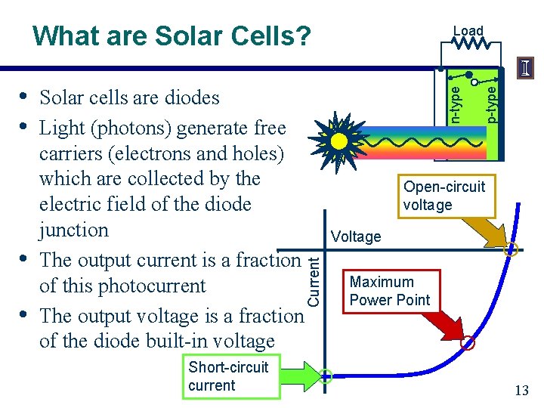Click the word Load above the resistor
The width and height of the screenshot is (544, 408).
click(468, 31)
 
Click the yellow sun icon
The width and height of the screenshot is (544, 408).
click(339, 141)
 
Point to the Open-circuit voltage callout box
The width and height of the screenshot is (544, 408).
click(444, 196)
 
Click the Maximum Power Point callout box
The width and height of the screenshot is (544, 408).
click(389, 291)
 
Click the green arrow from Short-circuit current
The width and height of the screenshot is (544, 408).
click(302, 376)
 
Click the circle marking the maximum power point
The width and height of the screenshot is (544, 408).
click(468, 343)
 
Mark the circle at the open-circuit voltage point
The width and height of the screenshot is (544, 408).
click(511, 249)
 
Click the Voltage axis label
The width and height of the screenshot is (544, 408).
click(356, 236)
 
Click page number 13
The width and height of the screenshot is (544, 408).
click(521, 390)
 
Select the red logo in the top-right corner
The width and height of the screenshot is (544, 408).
click(526, 68)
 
